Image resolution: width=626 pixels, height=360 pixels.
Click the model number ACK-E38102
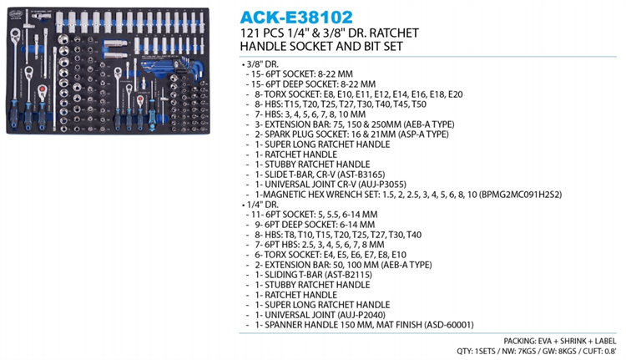point(296,18)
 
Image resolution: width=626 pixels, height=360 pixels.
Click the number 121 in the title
point(249,33)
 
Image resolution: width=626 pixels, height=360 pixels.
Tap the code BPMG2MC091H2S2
point(520,195)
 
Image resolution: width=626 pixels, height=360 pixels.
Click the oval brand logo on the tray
point(15,13)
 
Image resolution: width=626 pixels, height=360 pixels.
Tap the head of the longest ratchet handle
point(15,34)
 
